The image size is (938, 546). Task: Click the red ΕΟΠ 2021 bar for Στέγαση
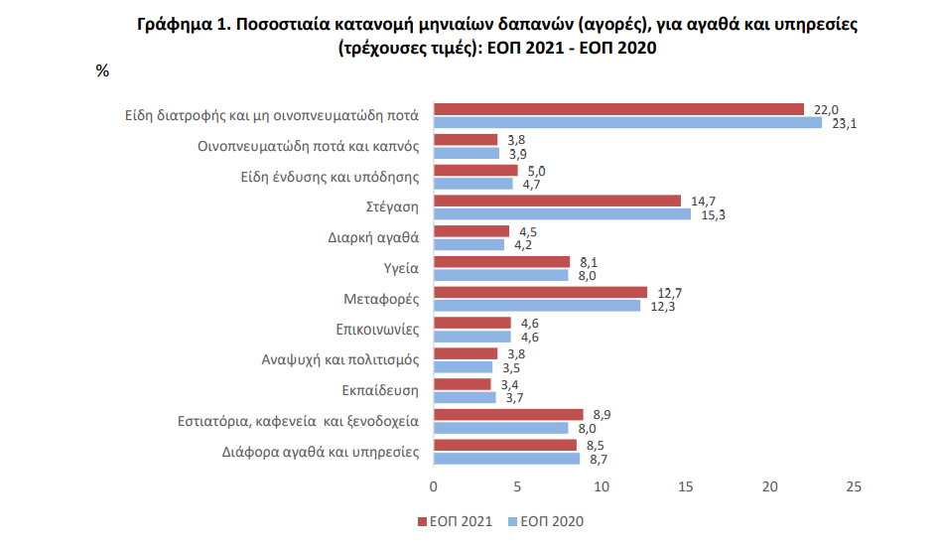558,202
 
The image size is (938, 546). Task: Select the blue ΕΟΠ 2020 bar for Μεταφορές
537,306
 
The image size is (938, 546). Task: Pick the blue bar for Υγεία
501,275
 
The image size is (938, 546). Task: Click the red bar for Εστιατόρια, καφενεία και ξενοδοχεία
508,415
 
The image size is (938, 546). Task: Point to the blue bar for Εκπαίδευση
465,397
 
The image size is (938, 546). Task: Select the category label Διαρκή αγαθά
373,237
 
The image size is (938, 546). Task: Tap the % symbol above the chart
102,70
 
